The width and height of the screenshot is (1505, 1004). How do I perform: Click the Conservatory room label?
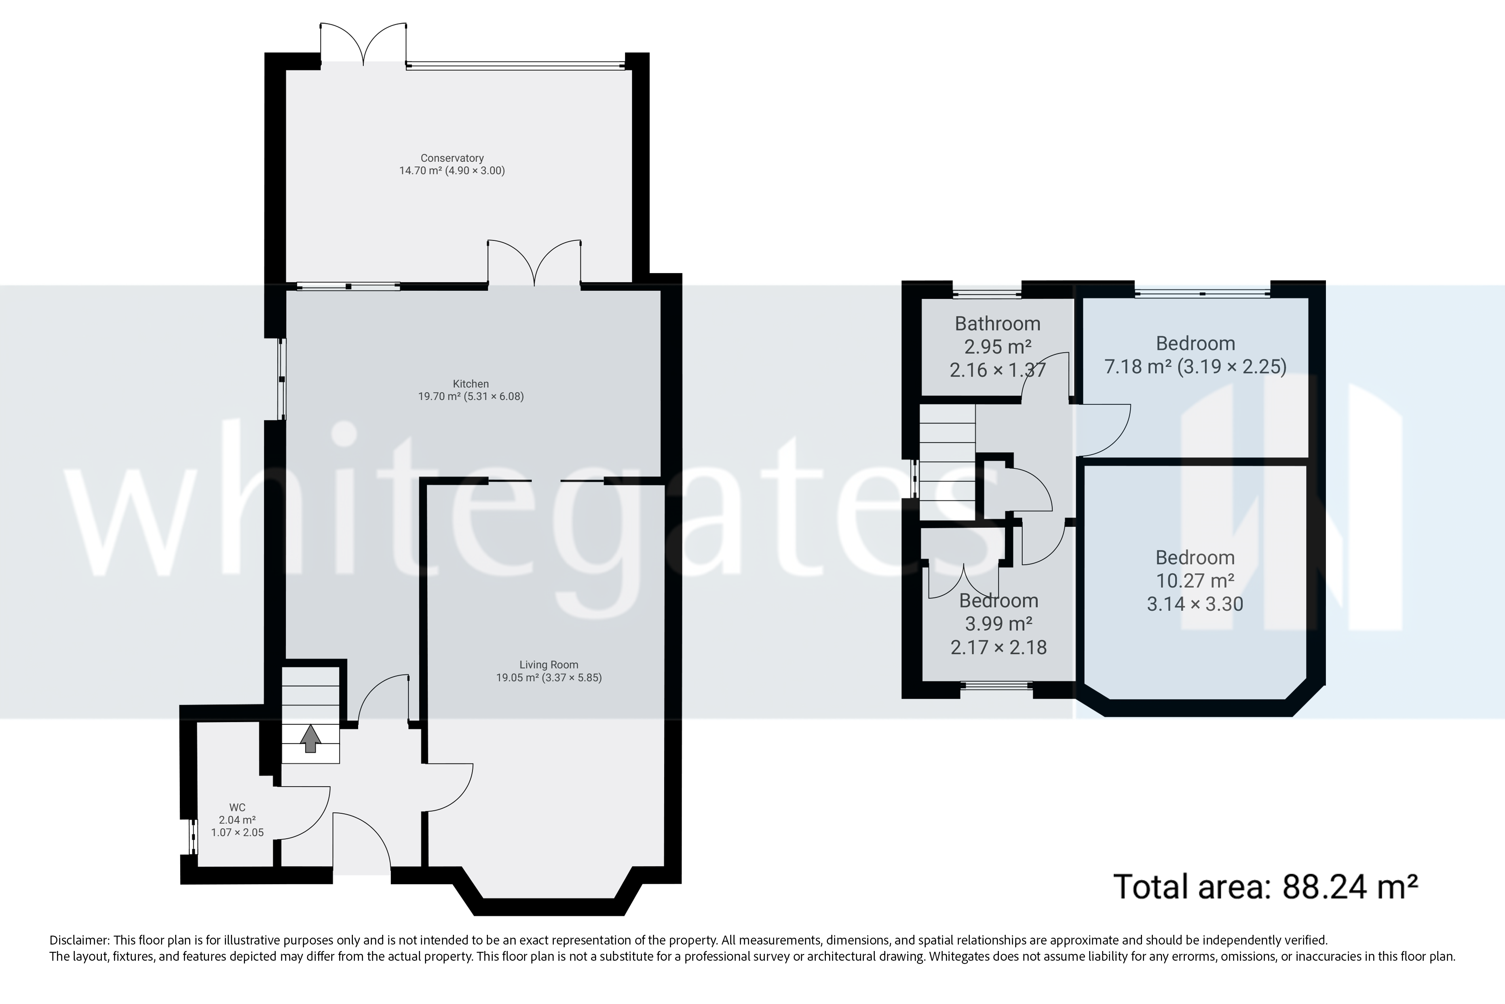pyautogui.click(x=452, y=158)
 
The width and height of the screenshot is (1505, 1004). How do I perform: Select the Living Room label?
pyautogui.click(x=549, y=665)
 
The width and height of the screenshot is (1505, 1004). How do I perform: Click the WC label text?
pyautogui.click(x=237, y=807)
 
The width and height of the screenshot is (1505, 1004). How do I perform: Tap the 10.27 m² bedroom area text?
pyautogui.click(x=1194, y=580)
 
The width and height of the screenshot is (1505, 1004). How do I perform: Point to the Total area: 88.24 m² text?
pyautogui.click(x=1266, y=887)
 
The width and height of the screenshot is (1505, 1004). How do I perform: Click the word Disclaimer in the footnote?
pyautogui.click(x=79, y=940)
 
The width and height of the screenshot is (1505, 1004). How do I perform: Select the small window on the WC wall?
pyautogui.click(x=192, y=836)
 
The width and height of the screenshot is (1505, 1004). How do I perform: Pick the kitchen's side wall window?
pyautogui.click(x=281, y=379)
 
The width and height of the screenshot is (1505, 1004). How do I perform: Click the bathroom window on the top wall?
pyautogui.click(x=987, y=294)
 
